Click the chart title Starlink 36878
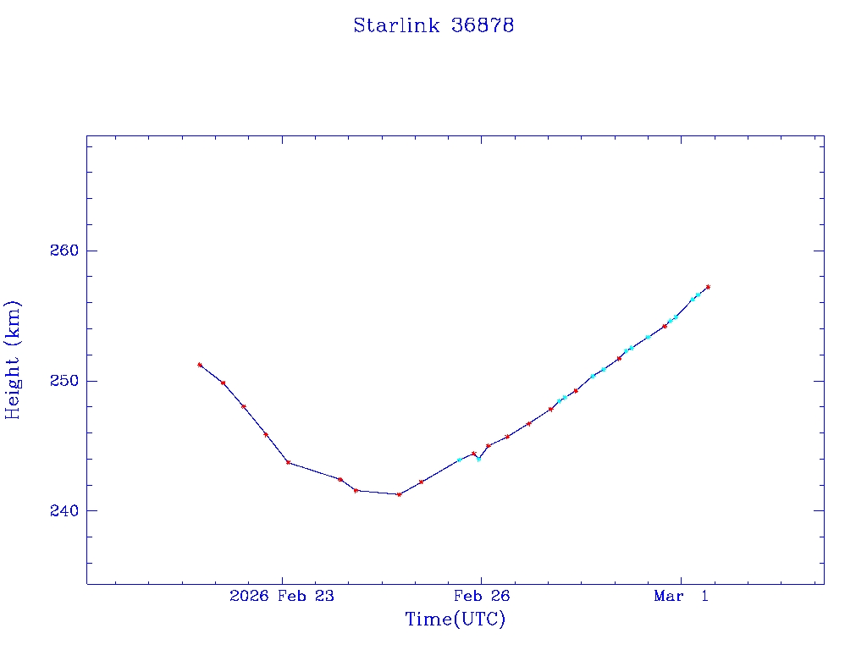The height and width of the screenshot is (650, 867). click(x=433, y=25)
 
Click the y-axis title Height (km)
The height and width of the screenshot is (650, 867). click(x=13, y=360)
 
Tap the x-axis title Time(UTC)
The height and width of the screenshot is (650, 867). click(x=456, y=620)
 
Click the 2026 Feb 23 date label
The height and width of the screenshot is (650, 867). click(x=282, y=597)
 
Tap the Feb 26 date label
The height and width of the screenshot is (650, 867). click(x=481, y=597)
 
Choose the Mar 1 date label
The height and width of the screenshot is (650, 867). click(x=681, y=597)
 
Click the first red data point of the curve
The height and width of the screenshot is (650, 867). click(x=200, y=365)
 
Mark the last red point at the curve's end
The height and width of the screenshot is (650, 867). click(x=708, y=287)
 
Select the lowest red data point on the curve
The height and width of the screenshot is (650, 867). click(x=399, y=494)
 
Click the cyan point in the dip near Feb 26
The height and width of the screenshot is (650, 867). click(x=478, y=460)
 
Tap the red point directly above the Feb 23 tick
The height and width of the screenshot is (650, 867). click(x=288, y=462)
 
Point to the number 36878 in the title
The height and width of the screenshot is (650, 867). click(x=483, y=25)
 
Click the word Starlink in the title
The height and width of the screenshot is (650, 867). click(x=396, y=25)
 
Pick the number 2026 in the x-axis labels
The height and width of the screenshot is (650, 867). click(x=249, y=597)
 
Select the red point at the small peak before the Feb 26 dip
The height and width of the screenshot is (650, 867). click(x=473, y=454)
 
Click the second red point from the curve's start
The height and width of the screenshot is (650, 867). click(x=223, y=383)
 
